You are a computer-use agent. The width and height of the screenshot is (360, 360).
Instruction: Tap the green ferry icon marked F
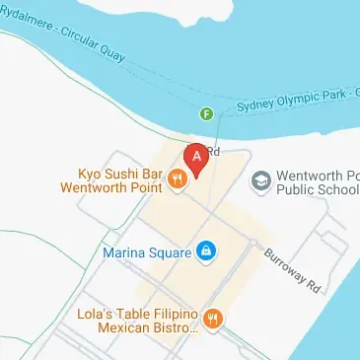click(x=207, y=113)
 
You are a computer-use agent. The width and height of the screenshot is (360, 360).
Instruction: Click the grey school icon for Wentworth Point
click(x=261, y=179)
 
